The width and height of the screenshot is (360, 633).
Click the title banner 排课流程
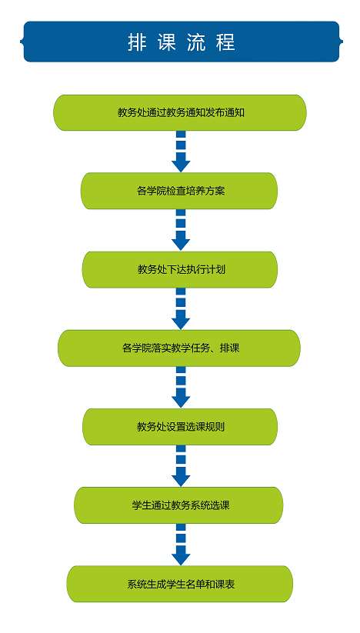tap(182, 42)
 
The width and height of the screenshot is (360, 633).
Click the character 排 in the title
tap(137, 42)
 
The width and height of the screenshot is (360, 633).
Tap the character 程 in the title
tap(225, 42)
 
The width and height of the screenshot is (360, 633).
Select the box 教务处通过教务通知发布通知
tap(180, 112)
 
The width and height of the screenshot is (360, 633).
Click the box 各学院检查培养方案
tap(179, 191)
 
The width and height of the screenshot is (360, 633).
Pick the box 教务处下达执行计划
tap(179, 270)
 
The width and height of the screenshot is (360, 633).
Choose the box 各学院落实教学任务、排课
tap(179, 348)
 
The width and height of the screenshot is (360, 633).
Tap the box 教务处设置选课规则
tap(180, 427)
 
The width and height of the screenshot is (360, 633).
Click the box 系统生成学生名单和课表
tap(179, 584)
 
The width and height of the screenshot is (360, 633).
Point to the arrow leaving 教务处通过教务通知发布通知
tap(181, 152)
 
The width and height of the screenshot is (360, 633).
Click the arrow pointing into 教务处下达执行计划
tap(181, 230)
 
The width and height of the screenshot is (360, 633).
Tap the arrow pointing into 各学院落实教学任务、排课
tap(181, 309)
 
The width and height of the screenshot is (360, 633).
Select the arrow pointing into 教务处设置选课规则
tap(181, 387)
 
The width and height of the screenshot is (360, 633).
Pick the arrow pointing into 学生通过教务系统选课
tap(181, 466)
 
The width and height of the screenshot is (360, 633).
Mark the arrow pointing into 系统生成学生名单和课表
tap(181, 545)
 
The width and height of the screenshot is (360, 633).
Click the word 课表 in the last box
tap(225, 584)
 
